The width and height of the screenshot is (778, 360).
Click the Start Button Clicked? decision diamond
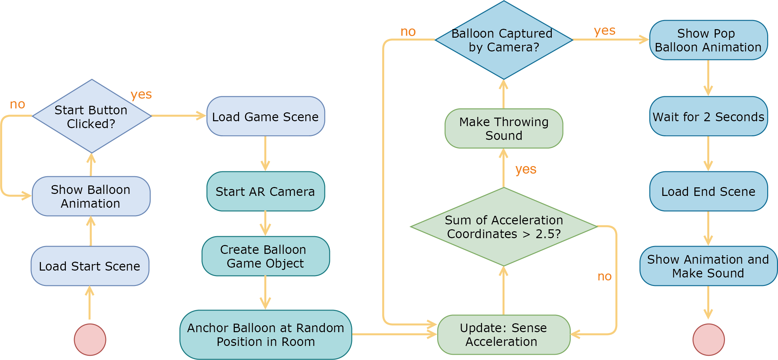(92, 116)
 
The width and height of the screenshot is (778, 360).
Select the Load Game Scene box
(266, 116)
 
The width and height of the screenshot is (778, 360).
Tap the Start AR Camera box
(266, 191)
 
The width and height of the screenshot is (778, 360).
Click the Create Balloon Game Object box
(266, 256)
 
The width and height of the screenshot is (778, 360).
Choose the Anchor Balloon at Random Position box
(266, 334)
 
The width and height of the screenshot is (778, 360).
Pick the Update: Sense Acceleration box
(504, 334)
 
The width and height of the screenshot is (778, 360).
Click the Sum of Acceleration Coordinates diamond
(504, 227)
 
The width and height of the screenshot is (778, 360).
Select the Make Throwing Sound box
(504, 128)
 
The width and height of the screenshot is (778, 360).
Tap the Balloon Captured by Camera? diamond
(504, 40)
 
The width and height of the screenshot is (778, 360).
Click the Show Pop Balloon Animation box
(708, 40)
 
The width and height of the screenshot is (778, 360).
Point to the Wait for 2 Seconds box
(708, 116)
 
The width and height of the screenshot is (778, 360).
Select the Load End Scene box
(708, 191)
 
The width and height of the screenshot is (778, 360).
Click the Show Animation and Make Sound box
(708, 266)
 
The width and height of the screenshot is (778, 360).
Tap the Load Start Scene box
(90, 266)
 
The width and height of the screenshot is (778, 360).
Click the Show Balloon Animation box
(91, 196)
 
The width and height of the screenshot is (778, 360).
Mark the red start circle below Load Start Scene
(90, 340)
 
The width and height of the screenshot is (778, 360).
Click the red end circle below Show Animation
(709, 340)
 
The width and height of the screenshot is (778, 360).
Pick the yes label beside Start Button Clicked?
(141, 95)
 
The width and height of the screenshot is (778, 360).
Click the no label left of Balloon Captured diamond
(408, 32)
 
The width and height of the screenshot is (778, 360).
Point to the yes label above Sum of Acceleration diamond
(526, 169)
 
